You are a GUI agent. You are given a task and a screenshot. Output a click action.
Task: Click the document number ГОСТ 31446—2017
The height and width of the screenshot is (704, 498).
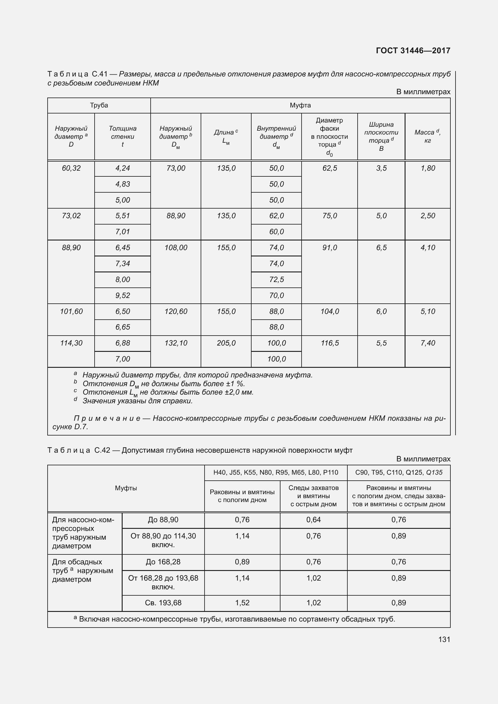pos(413,51)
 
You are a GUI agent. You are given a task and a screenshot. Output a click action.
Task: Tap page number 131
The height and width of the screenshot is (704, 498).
pos(444,639)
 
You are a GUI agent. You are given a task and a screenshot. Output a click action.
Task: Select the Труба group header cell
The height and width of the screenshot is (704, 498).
pos(99,105)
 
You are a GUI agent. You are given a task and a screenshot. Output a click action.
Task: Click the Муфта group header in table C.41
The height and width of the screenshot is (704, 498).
pos(300,105)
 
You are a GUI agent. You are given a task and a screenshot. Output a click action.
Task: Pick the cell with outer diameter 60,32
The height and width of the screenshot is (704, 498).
pos(71,168)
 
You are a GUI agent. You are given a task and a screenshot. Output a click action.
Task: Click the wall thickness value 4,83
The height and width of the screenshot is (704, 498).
pos(122,184)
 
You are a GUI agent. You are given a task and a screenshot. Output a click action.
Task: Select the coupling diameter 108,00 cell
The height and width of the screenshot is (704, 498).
pos(176,248)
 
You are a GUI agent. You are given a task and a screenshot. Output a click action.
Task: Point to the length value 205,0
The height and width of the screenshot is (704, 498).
pos(226,343)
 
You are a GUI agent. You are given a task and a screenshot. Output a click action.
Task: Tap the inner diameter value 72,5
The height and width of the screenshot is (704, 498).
pos(277,280)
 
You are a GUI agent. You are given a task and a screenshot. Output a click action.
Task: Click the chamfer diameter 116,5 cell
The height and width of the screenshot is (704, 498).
pos(330,343)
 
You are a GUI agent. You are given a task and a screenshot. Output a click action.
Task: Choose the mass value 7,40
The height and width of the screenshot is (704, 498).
pos(428,343)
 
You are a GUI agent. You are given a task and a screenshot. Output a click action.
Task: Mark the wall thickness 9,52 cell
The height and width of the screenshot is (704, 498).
pos(122,296)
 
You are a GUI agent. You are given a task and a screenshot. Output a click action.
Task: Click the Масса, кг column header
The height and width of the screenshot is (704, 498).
pos(428,136)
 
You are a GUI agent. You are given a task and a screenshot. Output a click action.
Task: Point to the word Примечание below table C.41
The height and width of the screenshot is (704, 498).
pos(107,419)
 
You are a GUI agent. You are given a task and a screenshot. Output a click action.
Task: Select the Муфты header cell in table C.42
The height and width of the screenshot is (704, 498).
pos(126,488)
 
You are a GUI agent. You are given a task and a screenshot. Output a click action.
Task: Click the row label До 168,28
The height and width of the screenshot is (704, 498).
pos(163,562)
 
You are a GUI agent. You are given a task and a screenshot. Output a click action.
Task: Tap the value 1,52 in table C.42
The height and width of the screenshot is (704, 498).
pos(242,603)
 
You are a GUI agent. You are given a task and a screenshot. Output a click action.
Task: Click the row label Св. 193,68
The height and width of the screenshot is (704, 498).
pos(163,603)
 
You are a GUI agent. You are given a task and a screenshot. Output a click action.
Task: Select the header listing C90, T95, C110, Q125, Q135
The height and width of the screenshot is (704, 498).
pos(399,473)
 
